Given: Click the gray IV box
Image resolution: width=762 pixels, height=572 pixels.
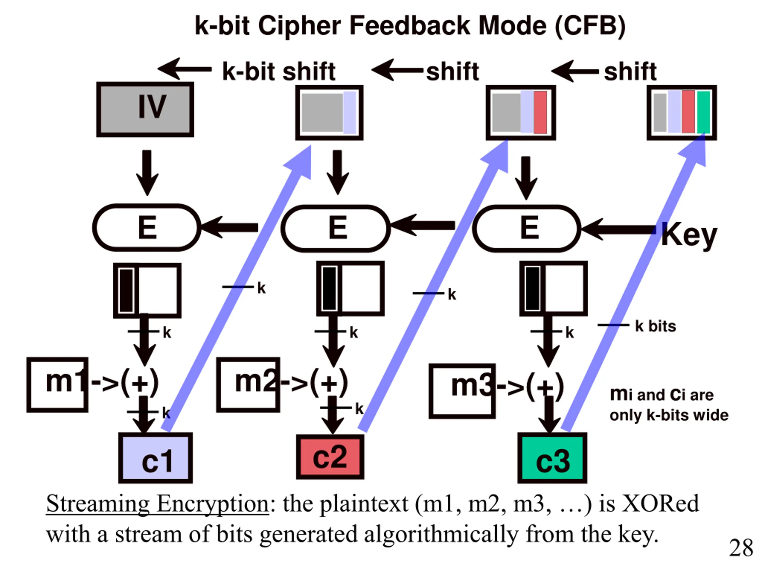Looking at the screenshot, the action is coord(145,110).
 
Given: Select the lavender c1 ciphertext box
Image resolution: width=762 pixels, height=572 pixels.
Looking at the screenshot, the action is coord(155,458).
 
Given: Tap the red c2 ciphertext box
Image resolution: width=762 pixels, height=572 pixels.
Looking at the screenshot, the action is coord(330,457).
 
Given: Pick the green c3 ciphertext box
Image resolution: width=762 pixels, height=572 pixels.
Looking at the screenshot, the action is coord(552,458).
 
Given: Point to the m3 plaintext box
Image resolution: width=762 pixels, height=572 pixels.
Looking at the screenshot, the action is coord(462,391).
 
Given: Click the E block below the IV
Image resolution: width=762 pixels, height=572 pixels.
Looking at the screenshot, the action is coord(147,228).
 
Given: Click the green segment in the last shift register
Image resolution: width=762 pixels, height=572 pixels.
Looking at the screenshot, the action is coord(703,112).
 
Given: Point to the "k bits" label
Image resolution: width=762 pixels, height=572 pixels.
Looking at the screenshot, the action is coord(655,326).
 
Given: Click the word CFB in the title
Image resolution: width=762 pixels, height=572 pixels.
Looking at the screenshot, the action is coord(590,26).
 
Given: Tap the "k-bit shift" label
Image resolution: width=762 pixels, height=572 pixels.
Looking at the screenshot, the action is coord(279,72).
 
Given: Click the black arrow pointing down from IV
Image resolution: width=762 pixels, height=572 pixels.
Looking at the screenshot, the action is coord(147,173).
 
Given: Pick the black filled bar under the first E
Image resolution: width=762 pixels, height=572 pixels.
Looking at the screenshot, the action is coord(126,291).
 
